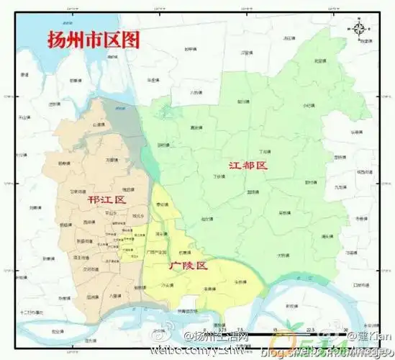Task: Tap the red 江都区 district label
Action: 248,166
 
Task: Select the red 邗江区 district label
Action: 106,199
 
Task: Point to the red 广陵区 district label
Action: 188,266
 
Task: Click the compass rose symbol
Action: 358,30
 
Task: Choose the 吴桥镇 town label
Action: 286,212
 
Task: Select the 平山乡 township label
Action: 111,213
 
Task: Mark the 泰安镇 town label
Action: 162,204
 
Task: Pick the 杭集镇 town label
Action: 185,253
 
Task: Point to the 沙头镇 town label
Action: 166,286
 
